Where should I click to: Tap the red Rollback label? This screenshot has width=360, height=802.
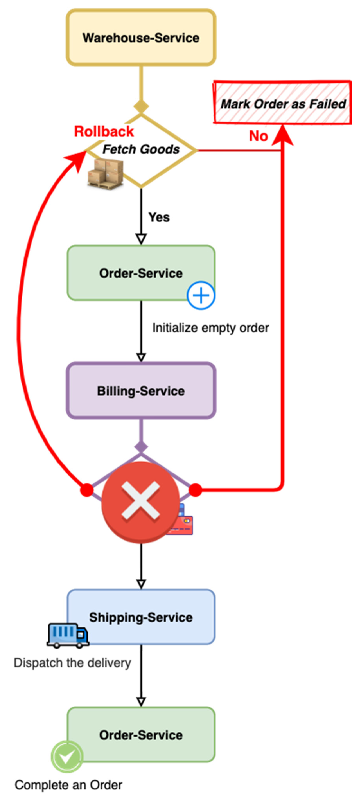(x=104, y=131)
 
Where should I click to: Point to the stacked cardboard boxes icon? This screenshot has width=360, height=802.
(x=105, y=174)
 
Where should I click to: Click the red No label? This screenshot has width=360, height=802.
(x=258, y=136)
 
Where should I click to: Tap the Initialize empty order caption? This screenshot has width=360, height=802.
(x=210, y=328)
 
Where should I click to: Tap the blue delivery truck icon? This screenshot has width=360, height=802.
(x=68, y=635)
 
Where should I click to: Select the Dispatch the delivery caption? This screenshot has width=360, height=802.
(x=72, y=663)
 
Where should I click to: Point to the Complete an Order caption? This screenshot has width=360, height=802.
(x=68, y=785)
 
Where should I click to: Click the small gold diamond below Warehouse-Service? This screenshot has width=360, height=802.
(x=141, y=106)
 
